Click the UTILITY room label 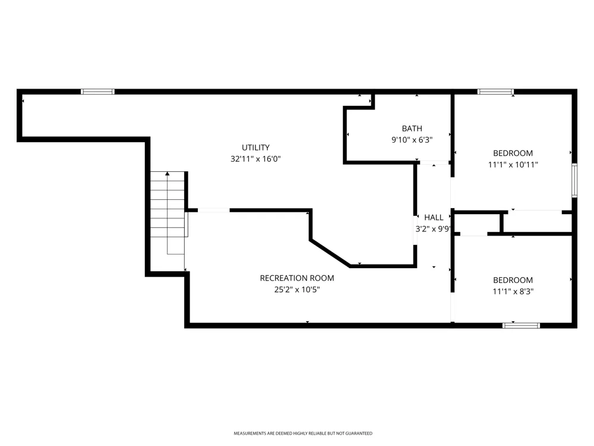coord(255,147)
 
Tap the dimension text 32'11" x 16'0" coord(255,159)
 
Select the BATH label coord(412,128)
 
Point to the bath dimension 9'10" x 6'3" coord(412,140)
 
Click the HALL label coord(434,218)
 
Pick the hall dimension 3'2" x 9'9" coord(433,229)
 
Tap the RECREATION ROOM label coord(297,278)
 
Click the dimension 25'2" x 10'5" coord(297,290)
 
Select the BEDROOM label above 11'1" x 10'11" coord(513,153)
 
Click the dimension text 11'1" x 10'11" coord(513,165)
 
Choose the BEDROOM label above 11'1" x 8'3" coord(513,280)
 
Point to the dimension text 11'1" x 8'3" coord(513,291)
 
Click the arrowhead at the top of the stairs coord(167,174)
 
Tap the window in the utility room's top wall coord(98,92)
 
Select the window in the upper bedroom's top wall coord(495,92)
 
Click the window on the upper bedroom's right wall coord(574,180)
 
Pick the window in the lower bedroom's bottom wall coord(522,325)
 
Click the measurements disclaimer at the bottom coord(303,433)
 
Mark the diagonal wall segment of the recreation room coord(330,253)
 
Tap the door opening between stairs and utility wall coord(214,210)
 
